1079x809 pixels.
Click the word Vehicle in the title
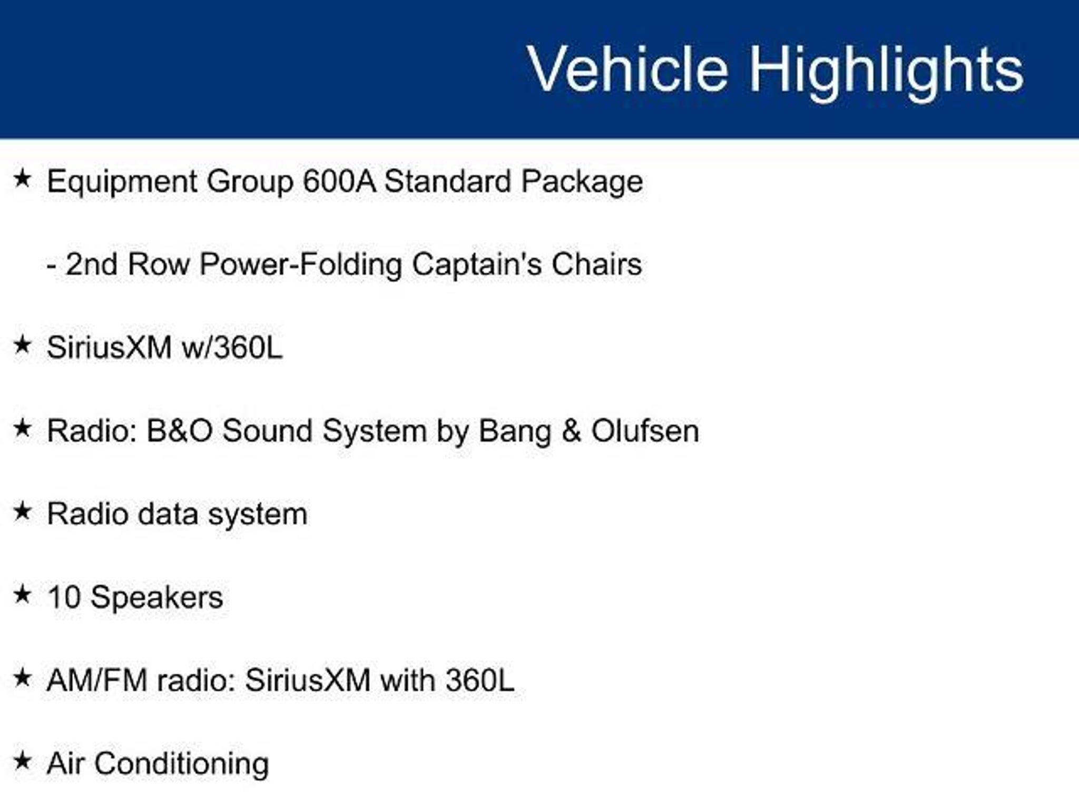tap(628, 69)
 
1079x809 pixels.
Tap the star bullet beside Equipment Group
tap(22, 179)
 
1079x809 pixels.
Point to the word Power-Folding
tap(300, 265)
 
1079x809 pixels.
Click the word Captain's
tap(476, 264)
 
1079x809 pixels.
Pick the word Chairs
tap(596, 264)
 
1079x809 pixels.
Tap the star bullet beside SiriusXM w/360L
tap(22, 346)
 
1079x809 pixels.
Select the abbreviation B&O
tap(180, 431)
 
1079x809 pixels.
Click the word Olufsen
tap(645, 431)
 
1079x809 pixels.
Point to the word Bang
tap(514, 432)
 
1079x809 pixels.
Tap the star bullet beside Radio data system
tap(22, 511)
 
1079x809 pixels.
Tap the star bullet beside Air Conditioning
tap(22, 761)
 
